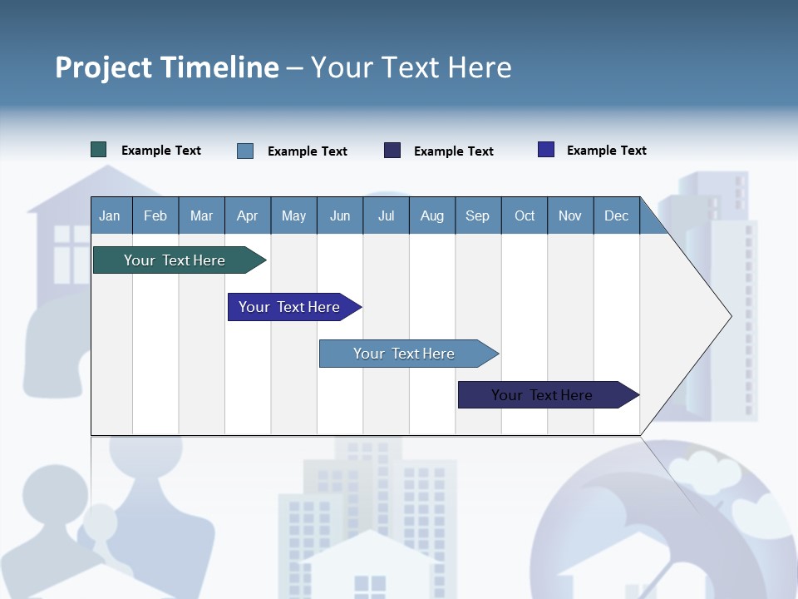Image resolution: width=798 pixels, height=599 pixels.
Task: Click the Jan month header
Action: pyautogui.click(x=110, y=215)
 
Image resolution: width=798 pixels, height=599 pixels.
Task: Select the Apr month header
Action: pyautogui.click(x=247, y=215)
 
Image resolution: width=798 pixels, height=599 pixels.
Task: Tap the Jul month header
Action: pyautogui.click(x=386, y=215)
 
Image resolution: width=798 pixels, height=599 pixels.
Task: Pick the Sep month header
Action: pyautogui.click(x=477, y=215)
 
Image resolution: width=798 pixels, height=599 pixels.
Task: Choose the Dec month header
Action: pyautogui.click(x=616, y=215)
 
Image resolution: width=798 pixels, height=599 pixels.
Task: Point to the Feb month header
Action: pyautogui.click(x=155, y=215)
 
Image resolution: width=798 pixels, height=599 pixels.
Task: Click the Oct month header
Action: pyautogui.click(x=525, y=215)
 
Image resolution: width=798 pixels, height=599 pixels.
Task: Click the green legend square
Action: pyautogui.click(x=99, y=150)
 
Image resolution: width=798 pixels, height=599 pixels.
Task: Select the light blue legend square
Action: pyautogui.click(x=245, y=151)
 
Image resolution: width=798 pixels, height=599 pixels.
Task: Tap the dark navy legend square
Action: pyautogui.click(x=392, y=151)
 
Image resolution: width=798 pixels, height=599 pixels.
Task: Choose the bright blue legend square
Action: pyautogui.click(x=546, y=150)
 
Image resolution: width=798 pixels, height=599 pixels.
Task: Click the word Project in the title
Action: pyautogui.click(x=104, y=67)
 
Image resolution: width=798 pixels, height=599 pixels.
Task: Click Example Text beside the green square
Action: pyautogui.click(x=161, y=151)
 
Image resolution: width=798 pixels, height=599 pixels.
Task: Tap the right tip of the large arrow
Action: pyautogui.click(x=730, y=316)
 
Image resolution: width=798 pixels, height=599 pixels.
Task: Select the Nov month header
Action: pyautogui.click(x=570, y=215)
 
